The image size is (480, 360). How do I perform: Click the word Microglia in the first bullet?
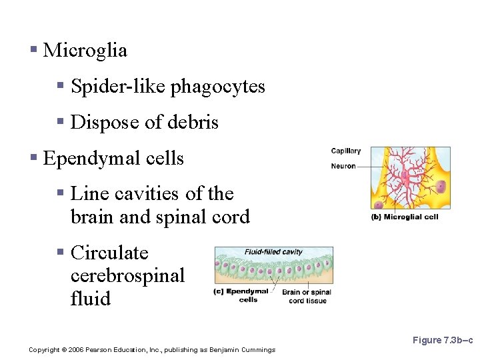(85, 51)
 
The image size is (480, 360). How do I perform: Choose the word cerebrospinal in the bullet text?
(127, 276)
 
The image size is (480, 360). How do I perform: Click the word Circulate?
(109, 253)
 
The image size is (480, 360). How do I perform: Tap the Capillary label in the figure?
(345, 151)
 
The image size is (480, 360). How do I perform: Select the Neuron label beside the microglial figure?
(343, 166)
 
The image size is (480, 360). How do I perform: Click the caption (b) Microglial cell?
(405, 217)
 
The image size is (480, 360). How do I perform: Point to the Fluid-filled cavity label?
(273, 252)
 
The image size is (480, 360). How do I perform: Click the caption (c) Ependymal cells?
(241, 295)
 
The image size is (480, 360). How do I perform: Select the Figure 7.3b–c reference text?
(442, 341)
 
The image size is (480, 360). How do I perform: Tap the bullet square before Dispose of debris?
(60, 122)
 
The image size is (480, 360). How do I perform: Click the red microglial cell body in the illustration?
(404, 179)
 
